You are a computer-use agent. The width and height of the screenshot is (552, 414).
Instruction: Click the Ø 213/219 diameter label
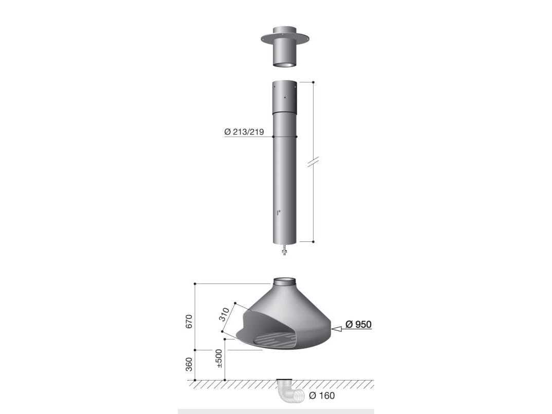coord(244,132)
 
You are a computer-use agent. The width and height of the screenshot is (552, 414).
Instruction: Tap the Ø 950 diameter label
coord(358,324)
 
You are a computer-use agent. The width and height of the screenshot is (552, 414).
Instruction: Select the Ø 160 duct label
coord(322,396)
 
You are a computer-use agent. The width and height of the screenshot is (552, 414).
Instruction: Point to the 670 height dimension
coord(189,322)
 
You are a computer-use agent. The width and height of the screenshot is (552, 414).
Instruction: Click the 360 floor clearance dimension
coord(189,364)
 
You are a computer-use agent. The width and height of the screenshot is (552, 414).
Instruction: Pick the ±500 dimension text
coord(219,359)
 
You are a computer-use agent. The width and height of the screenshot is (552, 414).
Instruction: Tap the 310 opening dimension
coord(224,314)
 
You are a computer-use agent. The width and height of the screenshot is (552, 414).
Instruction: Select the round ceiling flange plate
coord(285,38)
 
